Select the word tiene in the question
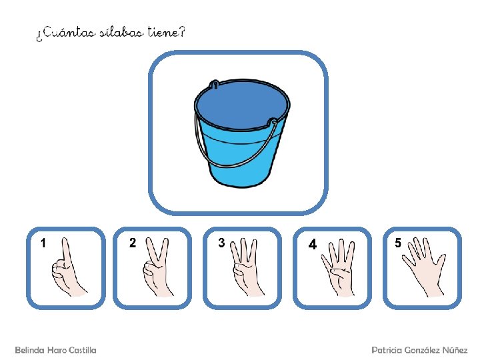[x=163, y=32]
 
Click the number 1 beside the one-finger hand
[x=43, y=243]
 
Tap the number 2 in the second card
[x=133, y=243]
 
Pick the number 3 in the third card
[x=221, y=243]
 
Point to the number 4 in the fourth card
[x=312, y=244]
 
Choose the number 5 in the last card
[x=397, y=243]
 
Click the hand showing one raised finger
[x=67, y=269]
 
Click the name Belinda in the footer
[x=30, y=350]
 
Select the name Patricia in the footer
[x=387, y=350]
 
